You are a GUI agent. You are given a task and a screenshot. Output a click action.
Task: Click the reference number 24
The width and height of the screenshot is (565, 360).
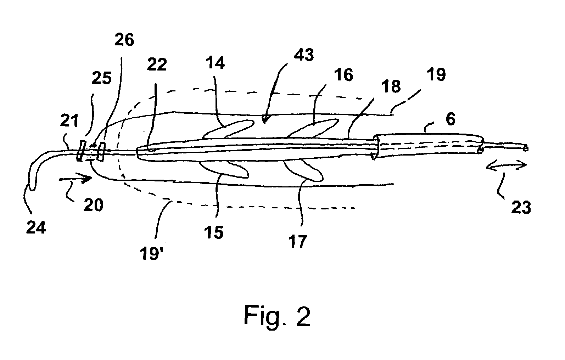(35, 227)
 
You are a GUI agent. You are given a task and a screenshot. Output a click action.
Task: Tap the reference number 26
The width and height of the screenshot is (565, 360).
(124, 40)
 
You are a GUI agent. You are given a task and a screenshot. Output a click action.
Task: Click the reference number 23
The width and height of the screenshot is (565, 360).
(520, 207)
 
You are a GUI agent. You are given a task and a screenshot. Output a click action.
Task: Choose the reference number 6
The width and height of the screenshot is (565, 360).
(450, 119)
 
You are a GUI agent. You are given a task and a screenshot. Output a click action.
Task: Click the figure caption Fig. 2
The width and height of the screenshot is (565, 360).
(277, 316)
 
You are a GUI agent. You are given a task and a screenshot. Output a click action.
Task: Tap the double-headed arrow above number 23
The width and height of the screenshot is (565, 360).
(507, 165)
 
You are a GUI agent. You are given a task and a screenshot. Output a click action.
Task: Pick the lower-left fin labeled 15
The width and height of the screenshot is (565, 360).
(227, 169)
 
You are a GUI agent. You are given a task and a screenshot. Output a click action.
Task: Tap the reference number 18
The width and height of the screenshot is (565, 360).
(391, 86)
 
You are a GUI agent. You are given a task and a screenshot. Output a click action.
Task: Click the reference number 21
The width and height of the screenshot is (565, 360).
(69, 122)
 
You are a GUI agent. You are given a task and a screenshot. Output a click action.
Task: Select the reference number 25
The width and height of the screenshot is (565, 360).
(101, 79)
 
